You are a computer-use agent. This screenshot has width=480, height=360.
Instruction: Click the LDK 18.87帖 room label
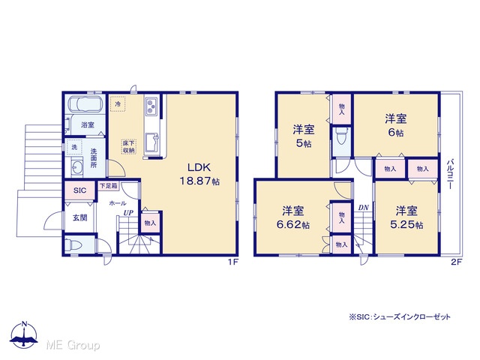click(199, 174)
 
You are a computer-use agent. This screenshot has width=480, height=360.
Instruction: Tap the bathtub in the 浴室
click(85, 104)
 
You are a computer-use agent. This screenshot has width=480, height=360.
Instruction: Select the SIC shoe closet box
click(79, 190)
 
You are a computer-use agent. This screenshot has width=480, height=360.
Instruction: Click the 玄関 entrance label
click(80, 217)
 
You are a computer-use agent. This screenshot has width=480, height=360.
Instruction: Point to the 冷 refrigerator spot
click(118, 103)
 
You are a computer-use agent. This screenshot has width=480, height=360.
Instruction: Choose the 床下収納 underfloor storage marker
click(129, 147)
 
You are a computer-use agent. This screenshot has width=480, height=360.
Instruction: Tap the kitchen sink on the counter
click(151, 142)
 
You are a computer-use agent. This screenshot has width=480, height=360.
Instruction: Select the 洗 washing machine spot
click(74, 147)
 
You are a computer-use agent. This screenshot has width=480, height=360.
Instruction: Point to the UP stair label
click(128, 213)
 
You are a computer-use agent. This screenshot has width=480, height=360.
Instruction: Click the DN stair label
click(363, 208)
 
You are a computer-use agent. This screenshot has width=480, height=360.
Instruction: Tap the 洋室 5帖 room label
click(303, 136)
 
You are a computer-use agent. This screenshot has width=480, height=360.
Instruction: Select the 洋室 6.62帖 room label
click(293, 217)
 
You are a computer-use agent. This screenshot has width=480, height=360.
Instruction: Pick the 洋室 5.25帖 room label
click(406, 217)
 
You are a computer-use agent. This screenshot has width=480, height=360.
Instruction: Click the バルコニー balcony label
click(450, 173)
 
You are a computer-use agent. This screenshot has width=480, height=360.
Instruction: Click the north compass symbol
click(24, 334)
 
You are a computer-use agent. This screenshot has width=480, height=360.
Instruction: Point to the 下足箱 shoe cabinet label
click(109, 186)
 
